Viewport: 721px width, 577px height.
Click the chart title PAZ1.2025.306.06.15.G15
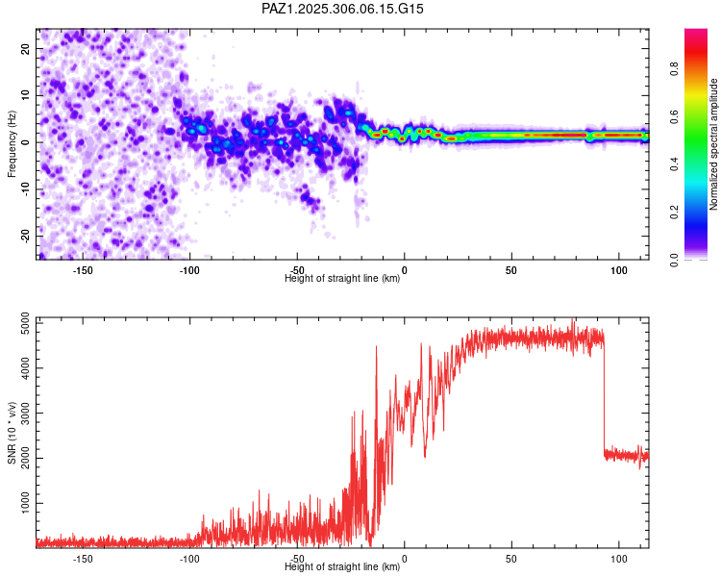click(343, 9)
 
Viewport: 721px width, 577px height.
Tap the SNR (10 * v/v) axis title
click(12, 433)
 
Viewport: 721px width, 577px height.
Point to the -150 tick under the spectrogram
click(83, 270)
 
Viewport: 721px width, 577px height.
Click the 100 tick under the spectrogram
click(617, 270)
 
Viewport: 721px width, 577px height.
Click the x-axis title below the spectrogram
click(342, 279)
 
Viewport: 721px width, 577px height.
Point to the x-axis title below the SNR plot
click(342, 567)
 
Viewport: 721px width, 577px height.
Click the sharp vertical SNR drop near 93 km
click(604, 394)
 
